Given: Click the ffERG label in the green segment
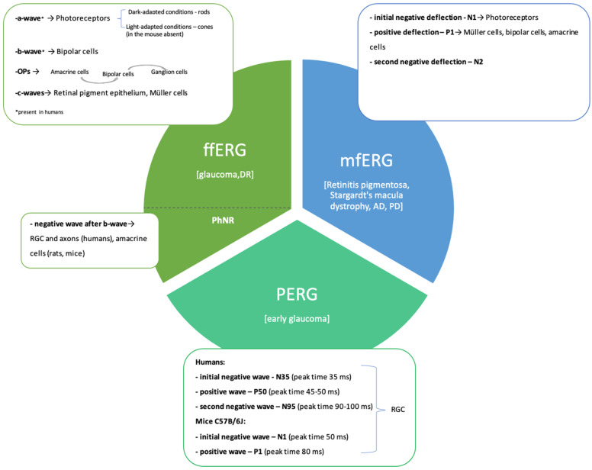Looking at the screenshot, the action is (x=224, y=150).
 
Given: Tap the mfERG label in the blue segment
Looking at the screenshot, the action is (x=366, y=160).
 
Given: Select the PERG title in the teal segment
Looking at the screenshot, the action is (x=297, y=294).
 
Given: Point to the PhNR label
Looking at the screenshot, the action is (x=223, y=220).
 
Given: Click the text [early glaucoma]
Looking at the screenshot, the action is (x=297, y=319).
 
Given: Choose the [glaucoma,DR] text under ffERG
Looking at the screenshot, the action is (x=224, y=175).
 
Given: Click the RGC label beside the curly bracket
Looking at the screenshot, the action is (x=398, y=409).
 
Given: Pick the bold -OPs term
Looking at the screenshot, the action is (x=23, y=71).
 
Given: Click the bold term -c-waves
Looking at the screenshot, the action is (x=30, y=93).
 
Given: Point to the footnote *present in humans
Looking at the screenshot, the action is (x=39, y=111).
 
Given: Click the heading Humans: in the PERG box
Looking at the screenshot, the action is (x=210, y=362).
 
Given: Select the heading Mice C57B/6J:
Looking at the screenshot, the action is (x=220, y=421).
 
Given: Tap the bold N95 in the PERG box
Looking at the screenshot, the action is (x=288, y=406).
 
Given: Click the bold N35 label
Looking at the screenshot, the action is (x=282, y=377).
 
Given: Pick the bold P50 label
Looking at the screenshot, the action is (x=260, y=391).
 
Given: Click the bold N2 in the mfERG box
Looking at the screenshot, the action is (x=478, y=62).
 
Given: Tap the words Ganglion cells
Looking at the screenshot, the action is (x=169, y=72).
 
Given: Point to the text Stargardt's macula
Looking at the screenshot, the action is (x=366, y=195).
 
